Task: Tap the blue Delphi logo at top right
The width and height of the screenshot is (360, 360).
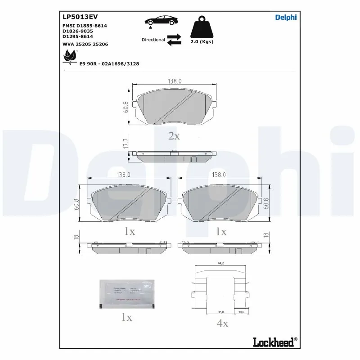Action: [286, 18]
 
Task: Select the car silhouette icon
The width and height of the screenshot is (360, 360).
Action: [161, 21]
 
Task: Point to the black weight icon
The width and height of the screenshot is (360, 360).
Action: [202, 28]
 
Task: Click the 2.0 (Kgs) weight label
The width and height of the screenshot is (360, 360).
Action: [202, 41]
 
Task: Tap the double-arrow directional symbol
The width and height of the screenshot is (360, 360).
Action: [174, 40]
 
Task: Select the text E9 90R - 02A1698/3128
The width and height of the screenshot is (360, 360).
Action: [109, 64]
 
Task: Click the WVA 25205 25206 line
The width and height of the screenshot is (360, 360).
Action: [85, 44]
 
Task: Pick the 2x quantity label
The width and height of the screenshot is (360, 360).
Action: [174, 136]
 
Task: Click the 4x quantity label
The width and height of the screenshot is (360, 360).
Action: [222, 323]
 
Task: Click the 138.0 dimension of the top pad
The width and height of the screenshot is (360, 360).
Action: [175, 81]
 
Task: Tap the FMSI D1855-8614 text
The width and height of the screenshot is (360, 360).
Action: [85, 26]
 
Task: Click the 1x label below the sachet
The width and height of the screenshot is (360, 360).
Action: [126, 317]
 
